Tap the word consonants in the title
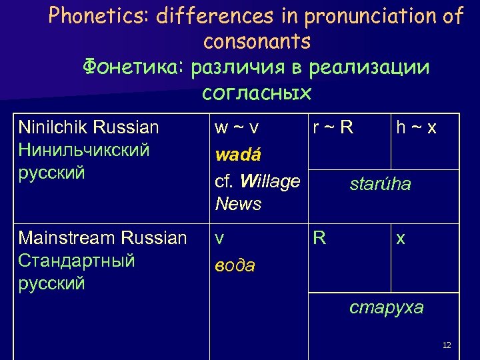click(x=257, y=42)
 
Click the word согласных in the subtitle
click(x=257, y=92)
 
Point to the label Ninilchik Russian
click(x=89, y=127)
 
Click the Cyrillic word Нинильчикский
click(x=84, y=150)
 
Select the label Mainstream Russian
click(x=103, y=238)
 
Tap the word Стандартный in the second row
click(x=77, y=261)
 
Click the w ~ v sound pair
click(x=237, y=127)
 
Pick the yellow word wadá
click(x=237, y=155)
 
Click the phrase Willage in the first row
click(x=269, y=181)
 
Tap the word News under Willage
click(x=238, y=204)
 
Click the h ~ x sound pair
click(x=417, y=127)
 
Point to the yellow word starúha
click(x=380, y=184)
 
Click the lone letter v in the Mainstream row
click(x=219, y=239)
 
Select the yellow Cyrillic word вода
click(x=235, y=265)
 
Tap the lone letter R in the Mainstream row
click(x=320, y=239)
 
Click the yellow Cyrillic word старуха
click(x=387, y=307)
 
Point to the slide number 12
click(x=447, y=345)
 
